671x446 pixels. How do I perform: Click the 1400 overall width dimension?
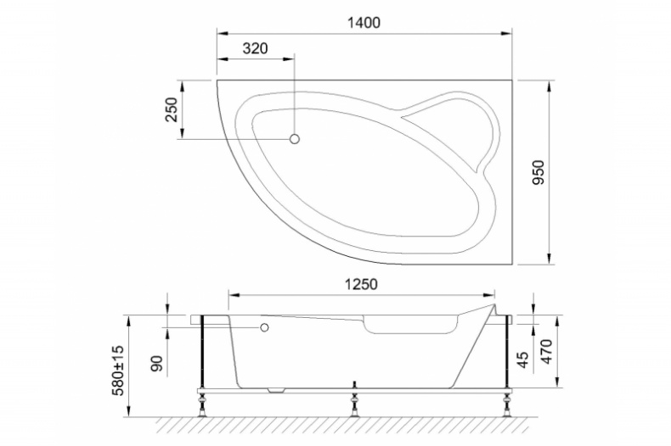363,23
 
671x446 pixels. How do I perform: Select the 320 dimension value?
255,48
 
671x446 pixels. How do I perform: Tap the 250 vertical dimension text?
171,110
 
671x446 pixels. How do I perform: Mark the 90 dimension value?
156,364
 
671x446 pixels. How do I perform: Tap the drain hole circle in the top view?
295,139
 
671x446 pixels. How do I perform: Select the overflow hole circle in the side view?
264,327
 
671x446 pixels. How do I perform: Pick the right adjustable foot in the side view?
508,408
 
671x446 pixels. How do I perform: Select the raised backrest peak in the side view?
492,303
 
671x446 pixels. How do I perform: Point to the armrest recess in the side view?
408,325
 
